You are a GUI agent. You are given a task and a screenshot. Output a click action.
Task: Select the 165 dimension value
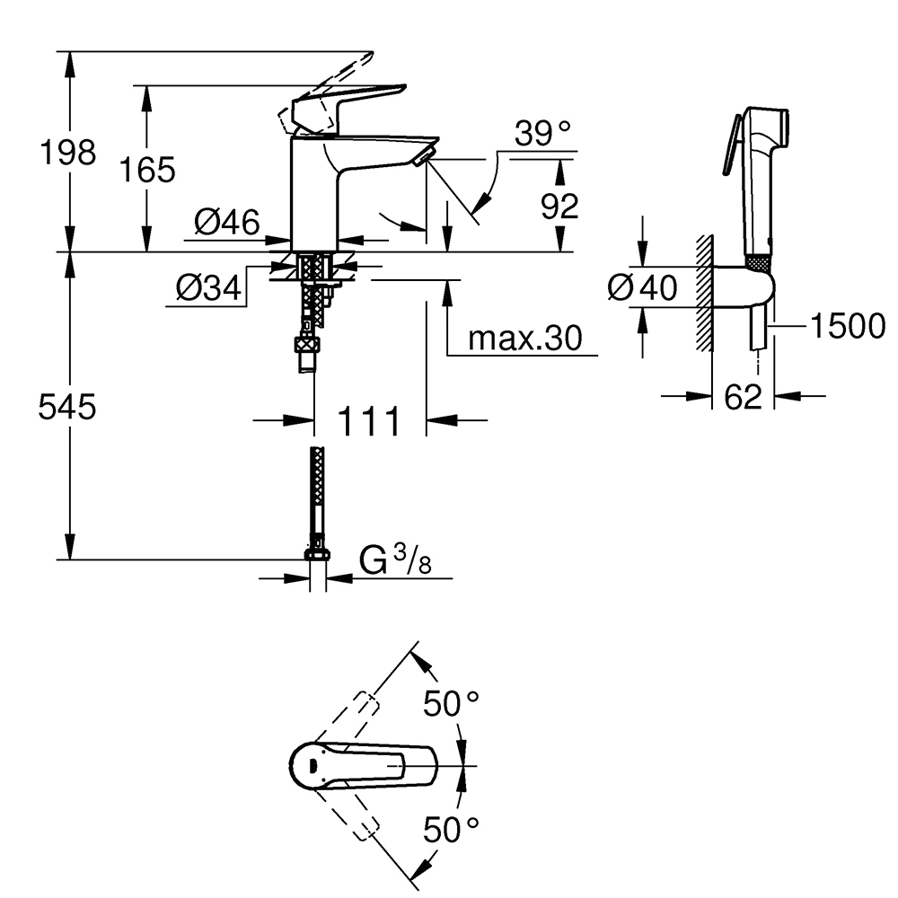tap(148, 169)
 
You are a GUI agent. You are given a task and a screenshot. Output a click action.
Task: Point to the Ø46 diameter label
tap(225, 221)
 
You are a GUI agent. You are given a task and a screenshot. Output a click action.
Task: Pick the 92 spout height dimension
tap(559, 207)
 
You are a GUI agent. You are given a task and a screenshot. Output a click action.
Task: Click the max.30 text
tap(525, 339)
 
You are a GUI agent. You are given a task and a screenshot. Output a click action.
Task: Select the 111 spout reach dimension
tap(368, 420)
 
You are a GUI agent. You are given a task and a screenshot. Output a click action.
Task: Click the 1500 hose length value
tap(847, 327)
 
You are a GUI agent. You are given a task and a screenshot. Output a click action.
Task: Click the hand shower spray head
tap(765, 135)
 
